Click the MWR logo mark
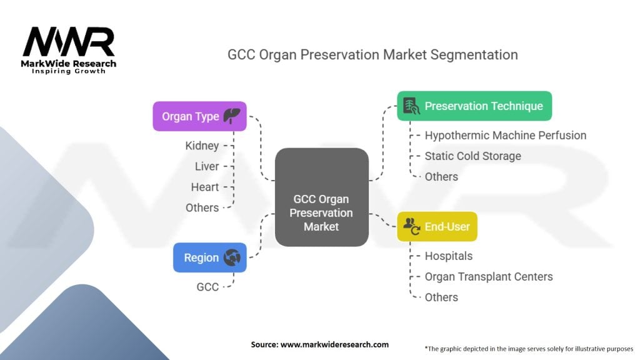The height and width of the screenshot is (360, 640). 69,42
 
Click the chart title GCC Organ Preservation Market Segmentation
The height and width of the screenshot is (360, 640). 372,55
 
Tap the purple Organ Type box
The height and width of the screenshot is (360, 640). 199,116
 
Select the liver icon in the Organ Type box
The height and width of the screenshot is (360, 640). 232,116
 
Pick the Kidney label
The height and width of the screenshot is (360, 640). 202,146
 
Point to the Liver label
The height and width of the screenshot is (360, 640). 207,166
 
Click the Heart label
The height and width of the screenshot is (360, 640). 205,187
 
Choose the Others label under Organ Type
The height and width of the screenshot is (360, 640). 202,207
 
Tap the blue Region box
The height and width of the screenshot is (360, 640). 210,257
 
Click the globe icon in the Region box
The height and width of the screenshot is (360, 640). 232,257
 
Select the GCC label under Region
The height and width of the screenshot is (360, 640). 207,287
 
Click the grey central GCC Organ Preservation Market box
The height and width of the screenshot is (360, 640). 322,197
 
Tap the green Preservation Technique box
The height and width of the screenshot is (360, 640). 474,106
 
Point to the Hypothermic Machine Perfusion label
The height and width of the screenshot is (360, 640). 505,135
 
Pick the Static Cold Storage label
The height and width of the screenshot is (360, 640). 472,156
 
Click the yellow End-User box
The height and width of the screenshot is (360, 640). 437,226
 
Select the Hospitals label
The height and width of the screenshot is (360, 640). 449,256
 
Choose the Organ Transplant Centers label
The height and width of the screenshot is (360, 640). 489,277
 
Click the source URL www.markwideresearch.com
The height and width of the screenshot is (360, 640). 335,344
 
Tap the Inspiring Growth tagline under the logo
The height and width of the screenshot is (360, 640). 69,71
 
